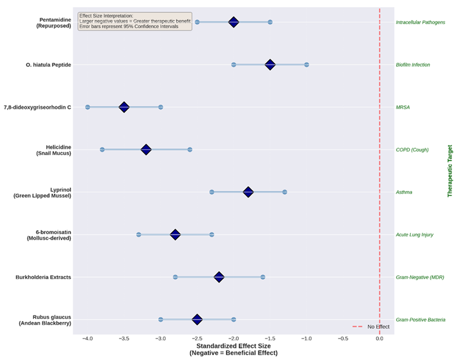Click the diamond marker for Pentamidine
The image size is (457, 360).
234,22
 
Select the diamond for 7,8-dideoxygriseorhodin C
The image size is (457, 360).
124,107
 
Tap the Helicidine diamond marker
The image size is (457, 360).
146,150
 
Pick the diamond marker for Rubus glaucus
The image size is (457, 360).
197,320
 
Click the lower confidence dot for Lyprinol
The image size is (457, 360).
212,192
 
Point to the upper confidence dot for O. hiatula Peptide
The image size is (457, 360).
306,64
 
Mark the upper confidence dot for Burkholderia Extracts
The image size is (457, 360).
262,277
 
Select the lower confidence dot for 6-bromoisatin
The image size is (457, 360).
139,235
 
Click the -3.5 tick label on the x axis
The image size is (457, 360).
124,339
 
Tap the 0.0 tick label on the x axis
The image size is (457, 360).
380,339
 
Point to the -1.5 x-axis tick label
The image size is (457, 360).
270,339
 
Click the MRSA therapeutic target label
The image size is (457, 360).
403,107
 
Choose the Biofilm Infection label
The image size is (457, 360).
413,65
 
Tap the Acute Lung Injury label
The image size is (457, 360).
415,235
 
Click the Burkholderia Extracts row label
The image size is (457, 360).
43,277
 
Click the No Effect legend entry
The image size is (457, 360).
378,327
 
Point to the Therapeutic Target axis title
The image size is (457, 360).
450,171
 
